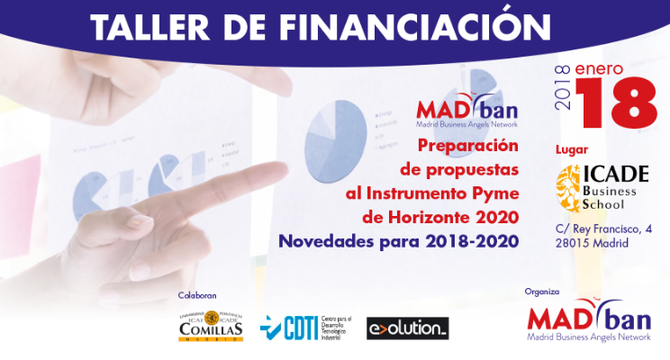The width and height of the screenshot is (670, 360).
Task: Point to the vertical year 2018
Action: (565, 88)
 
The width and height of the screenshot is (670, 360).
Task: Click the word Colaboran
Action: (197, 295)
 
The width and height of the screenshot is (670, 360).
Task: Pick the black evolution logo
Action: (407, 328)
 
